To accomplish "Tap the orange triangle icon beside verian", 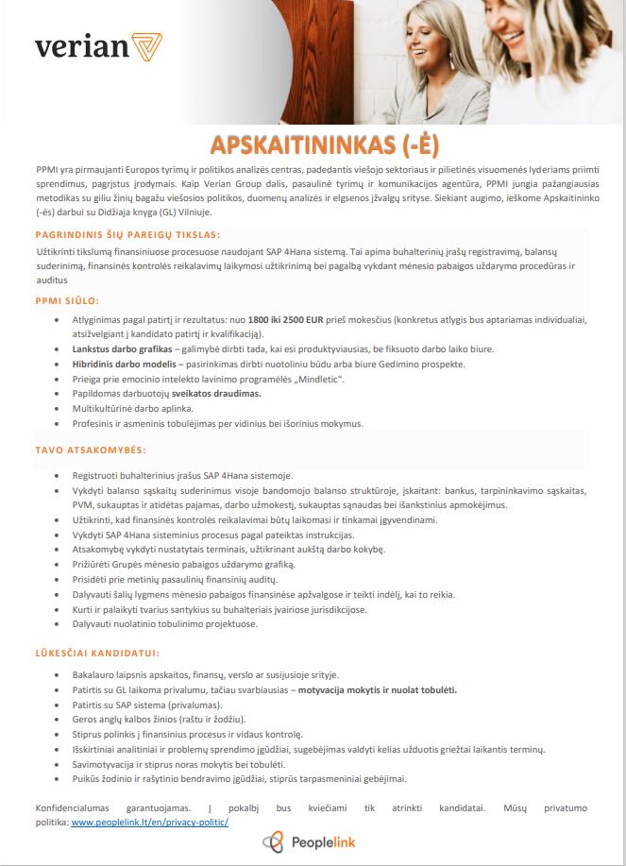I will click(147, 45).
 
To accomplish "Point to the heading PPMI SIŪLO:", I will click(67, 299).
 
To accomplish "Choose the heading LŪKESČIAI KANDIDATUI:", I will click(96, 653).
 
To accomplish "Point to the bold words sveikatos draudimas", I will click(216, 393).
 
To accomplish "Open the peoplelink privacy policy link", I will click(149, 823).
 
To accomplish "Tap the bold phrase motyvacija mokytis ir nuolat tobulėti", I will click(377, 689).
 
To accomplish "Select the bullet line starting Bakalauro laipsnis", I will click(198, 675).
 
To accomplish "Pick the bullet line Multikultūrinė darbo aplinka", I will click(132, 408).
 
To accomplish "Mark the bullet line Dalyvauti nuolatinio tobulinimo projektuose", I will click(164, 623).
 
